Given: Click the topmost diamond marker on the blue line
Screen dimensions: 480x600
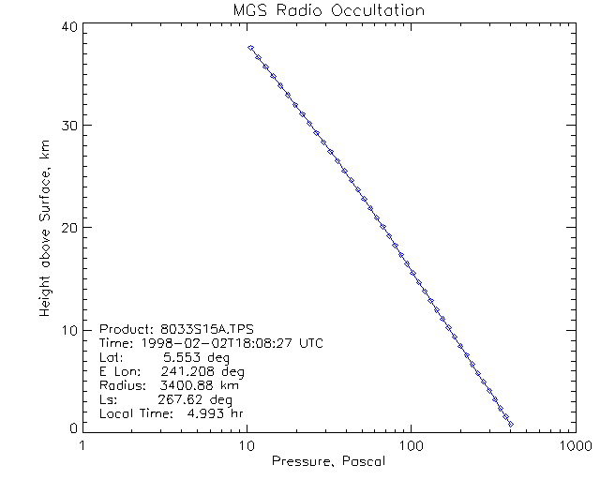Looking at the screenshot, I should (x=250, y=47).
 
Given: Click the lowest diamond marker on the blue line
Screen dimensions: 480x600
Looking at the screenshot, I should (x=510, y=424).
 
